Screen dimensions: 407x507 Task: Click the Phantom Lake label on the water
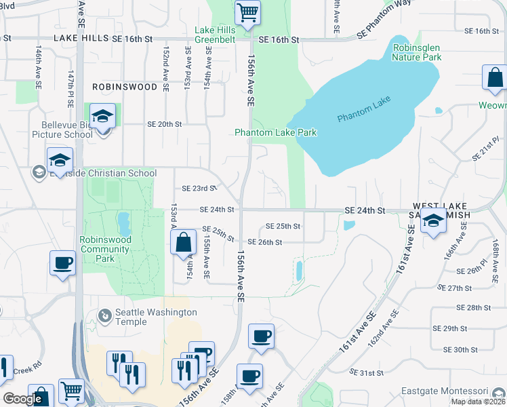pos(365,113)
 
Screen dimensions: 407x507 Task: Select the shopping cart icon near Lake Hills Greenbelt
pos(247,12)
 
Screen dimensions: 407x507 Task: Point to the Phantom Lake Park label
pos(275,132)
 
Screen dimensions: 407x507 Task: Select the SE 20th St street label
pos(165,124)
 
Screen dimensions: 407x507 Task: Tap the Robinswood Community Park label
pos(104,249)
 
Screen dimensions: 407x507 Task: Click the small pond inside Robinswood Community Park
pos(123,221)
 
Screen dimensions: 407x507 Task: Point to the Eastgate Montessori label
pos(464,391)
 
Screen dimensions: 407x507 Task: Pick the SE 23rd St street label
pos(199,189)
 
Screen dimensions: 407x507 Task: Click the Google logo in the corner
pos(22,399)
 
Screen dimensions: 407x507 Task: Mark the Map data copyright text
pos(478,402)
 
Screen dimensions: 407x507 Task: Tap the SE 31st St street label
pos(371,372)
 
